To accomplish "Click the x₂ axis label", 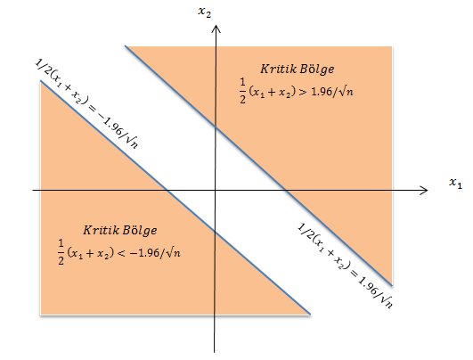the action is (204, 12).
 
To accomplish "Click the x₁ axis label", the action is (455, 183).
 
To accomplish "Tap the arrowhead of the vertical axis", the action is (216, 29).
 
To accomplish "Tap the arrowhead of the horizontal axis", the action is (424, 190).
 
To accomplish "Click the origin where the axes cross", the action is (215, 190).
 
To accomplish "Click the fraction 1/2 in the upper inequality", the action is (243, 91).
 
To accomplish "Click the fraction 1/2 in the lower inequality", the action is (61, 252).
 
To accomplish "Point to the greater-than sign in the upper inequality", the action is (301, 92).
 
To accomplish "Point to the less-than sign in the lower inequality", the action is (120, 253).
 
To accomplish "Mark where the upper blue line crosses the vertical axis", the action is (216, 127).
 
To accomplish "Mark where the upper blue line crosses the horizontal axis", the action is (286, 190).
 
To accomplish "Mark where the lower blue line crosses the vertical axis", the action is (215, 230).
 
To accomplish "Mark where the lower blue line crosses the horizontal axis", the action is (167, 190).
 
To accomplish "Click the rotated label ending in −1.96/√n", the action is (87, 103).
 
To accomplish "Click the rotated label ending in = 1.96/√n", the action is (346, 266).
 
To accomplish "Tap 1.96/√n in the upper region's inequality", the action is (332, 92).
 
